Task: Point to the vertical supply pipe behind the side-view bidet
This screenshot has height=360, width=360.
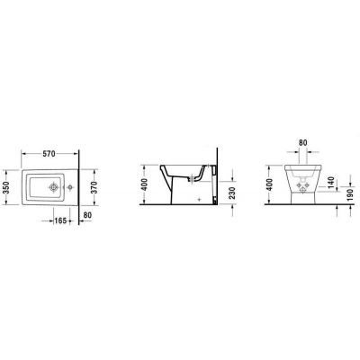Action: pyautogui.click(x=212, y=189)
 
